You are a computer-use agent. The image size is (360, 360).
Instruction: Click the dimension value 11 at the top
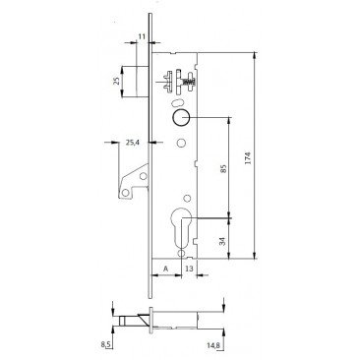pos(141,37)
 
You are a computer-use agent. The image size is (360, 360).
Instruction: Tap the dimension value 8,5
pos(107,344)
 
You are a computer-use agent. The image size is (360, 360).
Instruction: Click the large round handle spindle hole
pos(183,117)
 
